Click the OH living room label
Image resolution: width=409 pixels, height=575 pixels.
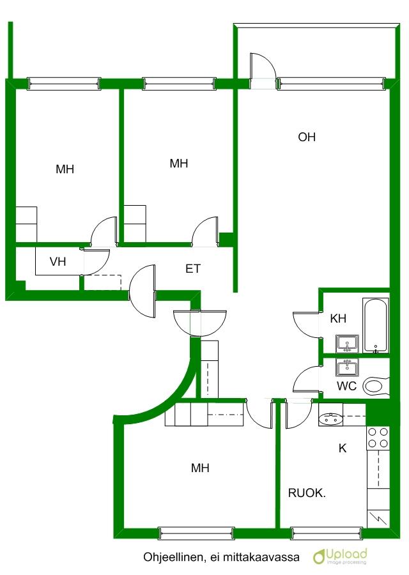(307, 137)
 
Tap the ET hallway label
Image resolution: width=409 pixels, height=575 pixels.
(193, 269)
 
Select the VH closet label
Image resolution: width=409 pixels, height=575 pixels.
(58, 262)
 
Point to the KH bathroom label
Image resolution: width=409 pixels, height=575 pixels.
(338, 318)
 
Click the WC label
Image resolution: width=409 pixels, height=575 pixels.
(346, 386)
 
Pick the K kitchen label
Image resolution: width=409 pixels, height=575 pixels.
(343, 448)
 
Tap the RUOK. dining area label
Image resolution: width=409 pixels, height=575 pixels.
(307, 493)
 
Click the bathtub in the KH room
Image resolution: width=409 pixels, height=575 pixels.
(375, 326)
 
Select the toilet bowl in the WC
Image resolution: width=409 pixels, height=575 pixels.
(375, 386)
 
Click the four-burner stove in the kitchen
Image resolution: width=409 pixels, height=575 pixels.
(378, 438)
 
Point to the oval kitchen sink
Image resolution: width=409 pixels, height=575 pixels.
(330, 418)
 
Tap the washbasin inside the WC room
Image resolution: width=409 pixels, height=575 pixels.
(347, 367)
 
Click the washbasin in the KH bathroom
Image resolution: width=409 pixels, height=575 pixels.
(347, 344)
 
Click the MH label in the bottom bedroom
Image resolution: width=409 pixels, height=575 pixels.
(200, 468)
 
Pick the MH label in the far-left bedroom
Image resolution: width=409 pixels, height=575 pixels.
(65, 169)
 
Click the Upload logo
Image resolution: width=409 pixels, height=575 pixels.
(340, 556)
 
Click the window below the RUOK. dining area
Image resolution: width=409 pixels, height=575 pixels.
(327, 533)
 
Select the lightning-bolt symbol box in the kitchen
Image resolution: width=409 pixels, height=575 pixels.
(378, 519)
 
